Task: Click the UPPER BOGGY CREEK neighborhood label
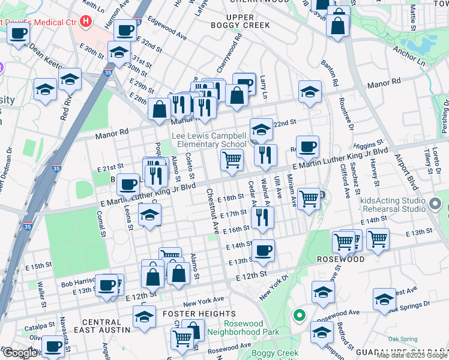click(x=241, y=21)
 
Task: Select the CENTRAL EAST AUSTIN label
click(x=102, y=326)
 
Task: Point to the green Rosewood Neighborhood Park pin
click(x=298, y=314)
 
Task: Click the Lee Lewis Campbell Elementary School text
click(x=209, y=140)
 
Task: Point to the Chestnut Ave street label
click(x=212, y=211)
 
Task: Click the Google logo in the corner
click(x=19, y=353)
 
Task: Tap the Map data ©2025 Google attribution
click(x=412, y=355)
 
